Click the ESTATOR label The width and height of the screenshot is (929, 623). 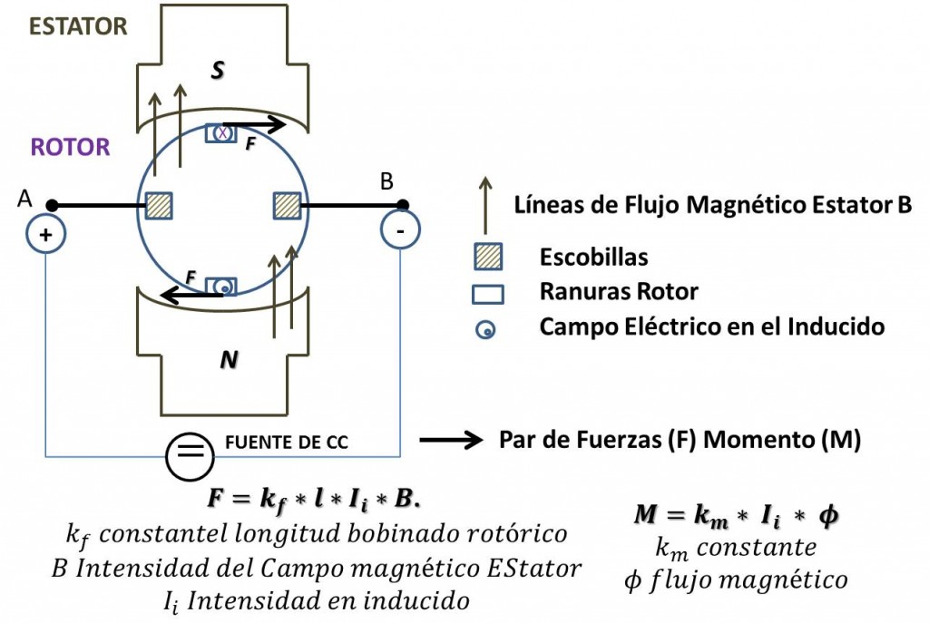[78, 26]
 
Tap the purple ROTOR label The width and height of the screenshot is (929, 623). [71, 147]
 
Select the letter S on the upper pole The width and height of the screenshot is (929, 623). [218, 71]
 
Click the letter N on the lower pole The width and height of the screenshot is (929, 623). [230, 359]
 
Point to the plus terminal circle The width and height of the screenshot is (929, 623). [45, 235]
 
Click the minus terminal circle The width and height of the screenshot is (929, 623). [400, 229]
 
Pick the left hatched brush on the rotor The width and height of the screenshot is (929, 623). [159, 206]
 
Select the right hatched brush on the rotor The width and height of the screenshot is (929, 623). [288, 206]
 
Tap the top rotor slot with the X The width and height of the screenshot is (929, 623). [221, 133]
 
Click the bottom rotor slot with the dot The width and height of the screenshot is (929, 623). [221, 287]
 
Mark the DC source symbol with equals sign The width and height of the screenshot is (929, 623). [190, 456]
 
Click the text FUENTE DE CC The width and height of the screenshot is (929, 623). [287, 443]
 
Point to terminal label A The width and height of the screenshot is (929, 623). [24, 199]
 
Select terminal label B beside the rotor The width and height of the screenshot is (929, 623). [386, 181]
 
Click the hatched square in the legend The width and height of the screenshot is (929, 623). [488, 257]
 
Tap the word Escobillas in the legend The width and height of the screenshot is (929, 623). [593, 257]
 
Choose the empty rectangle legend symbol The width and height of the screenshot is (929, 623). [488, 295]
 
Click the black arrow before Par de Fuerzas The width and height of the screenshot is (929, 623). [451, 440]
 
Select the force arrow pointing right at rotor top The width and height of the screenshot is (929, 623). [254, 124]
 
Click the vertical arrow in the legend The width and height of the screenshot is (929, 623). [486, 205]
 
